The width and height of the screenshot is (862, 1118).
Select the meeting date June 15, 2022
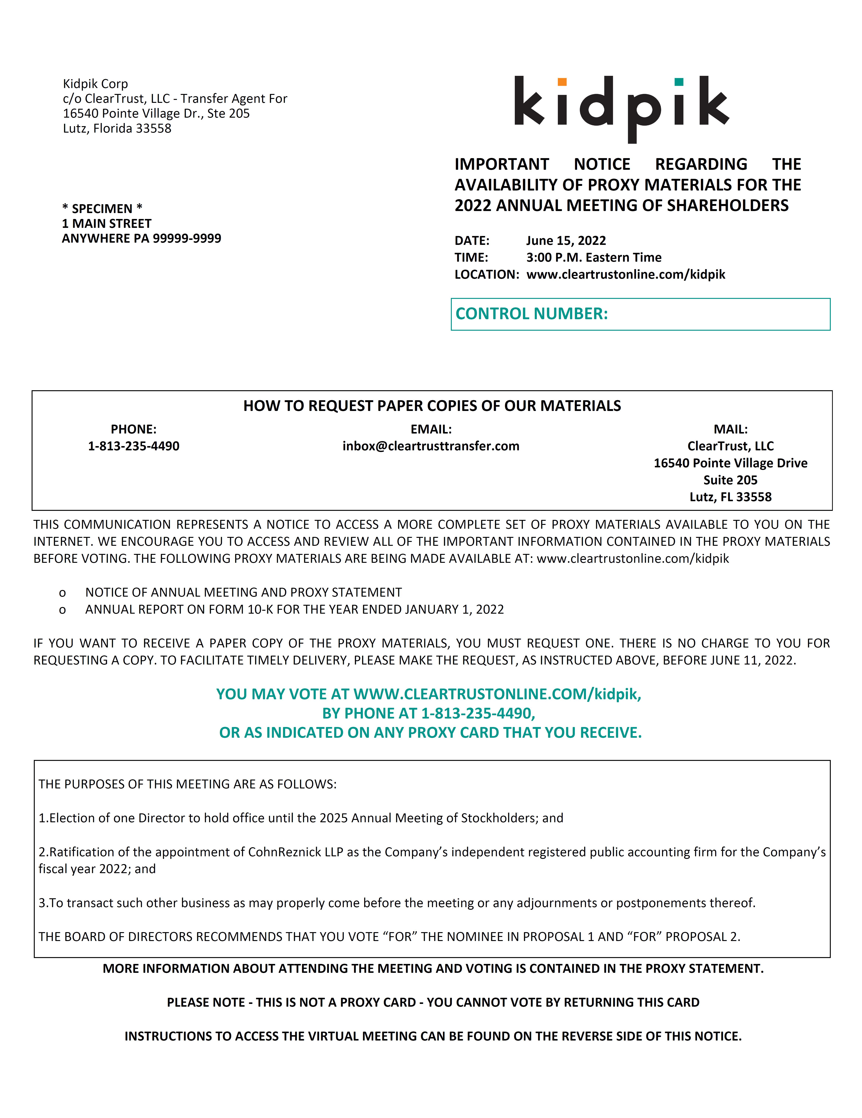click(x=566, y=241)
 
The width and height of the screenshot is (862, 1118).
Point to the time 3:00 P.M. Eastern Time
click(x=594, y=257)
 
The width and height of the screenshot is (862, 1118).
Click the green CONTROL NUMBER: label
click(x=532, y=314)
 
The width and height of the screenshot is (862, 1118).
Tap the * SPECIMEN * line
click(x=102, y=209)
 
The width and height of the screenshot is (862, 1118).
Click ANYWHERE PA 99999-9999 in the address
click(x=142, y=239)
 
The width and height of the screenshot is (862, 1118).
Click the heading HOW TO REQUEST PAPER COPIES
click(x=432, y=406)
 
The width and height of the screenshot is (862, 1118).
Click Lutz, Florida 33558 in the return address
click(x=117, y=129)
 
